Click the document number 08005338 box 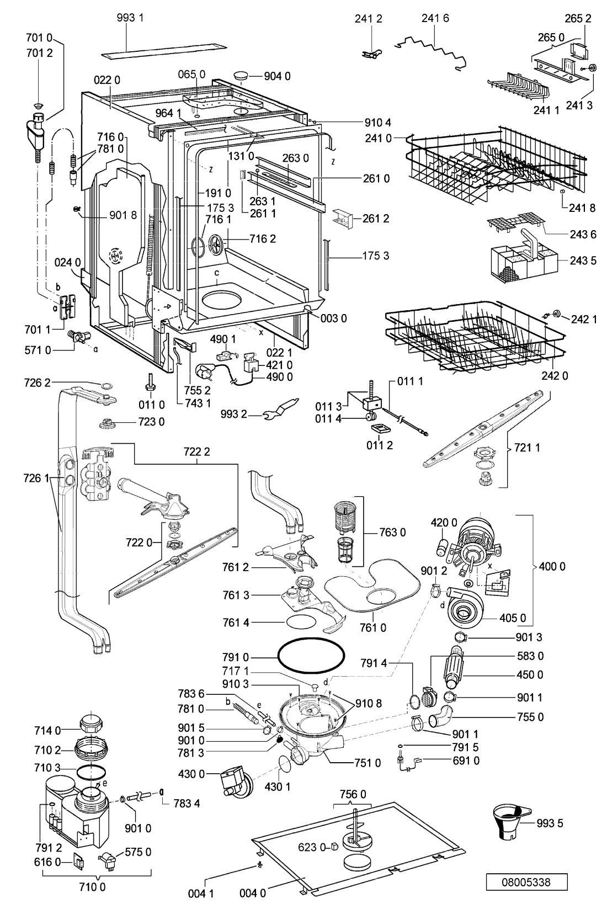pyautogui.click(x=526, y=882)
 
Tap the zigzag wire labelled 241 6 pyautogui.click(x=432, y=50)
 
